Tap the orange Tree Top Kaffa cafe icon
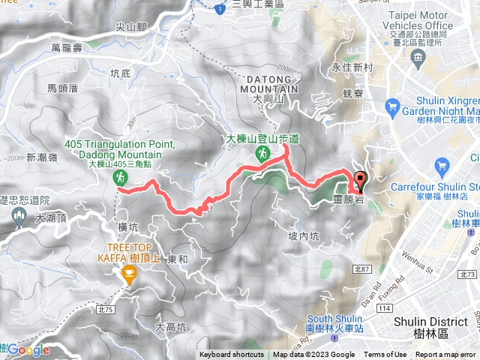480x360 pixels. coord(129,277)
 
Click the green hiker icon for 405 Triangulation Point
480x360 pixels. coord(119,178)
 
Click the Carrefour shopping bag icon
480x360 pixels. coord(441,165)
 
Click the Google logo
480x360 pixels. coord(28,349)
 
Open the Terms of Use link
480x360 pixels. coord(385,355)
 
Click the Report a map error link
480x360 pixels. coord(447,355)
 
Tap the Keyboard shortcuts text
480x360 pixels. coord(231,355)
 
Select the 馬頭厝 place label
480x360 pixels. coord(63,88)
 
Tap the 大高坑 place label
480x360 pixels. coord(170,327)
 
